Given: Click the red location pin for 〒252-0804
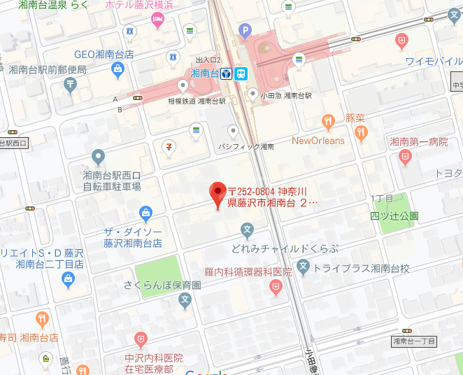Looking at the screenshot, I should click(218, 192).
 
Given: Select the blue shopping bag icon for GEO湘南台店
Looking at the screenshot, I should click(117, 69).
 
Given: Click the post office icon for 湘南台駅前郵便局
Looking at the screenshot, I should click(70, 85).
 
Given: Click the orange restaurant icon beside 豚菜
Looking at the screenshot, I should click(360, 132).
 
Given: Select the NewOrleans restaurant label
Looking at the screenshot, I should click(318, 141).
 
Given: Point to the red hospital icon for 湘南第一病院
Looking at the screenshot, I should click(404, 158).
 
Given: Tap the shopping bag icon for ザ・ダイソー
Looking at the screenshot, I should click(145, 212).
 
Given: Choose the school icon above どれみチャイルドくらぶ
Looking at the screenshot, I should click(246, 229).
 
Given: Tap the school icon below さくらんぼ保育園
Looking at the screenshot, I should click(185, 301).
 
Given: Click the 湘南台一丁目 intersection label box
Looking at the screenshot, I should click(413, 341).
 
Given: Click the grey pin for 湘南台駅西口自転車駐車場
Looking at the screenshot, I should click(98, 156).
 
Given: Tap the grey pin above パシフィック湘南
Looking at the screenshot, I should click(234, 131).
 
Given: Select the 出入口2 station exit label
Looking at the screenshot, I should click(208, 60).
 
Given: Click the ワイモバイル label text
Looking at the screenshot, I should click(434, 61).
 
